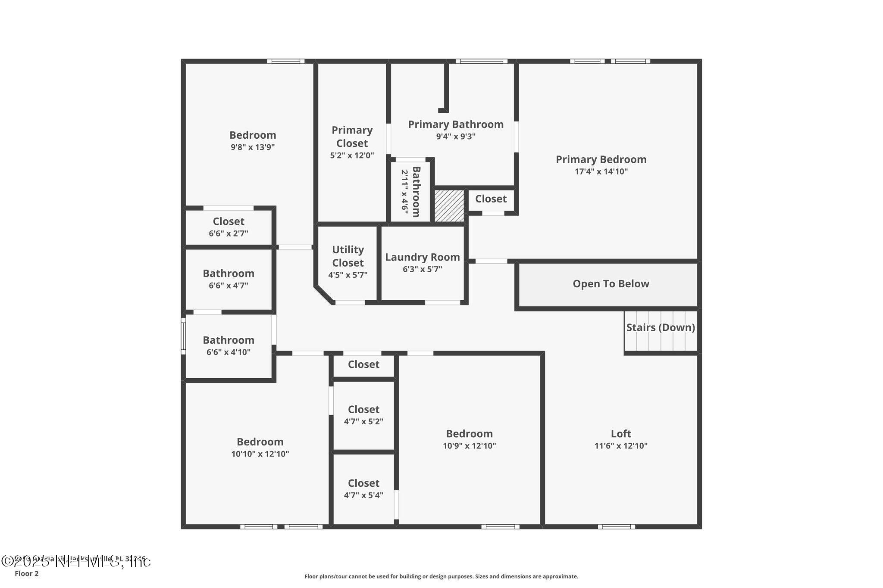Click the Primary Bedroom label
601,159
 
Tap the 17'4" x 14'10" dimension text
601,171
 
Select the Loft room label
621,434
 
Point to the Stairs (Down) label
661,327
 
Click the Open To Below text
611,284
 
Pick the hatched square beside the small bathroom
449,206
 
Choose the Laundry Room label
422,257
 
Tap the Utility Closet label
348,256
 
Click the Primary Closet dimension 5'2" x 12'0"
352,156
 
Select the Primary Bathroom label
456,124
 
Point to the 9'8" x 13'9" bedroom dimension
253,147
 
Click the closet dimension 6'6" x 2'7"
229,233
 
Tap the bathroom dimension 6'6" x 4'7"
229,286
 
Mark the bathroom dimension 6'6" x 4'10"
229,352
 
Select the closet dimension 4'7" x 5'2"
363,422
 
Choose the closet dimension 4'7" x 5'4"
363,495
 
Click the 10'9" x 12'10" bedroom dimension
469,446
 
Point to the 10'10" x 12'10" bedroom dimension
260,454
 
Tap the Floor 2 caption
27,574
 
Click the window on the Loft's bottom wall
616,526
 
